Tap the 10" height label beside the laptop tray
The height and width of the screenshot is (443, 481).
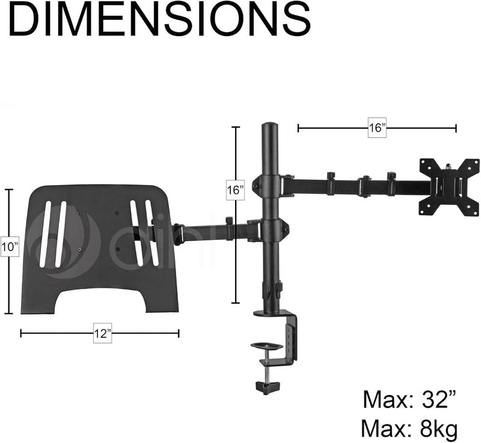pos(10,246)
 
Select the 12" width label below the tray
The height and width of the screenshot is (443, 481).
pos(102,333)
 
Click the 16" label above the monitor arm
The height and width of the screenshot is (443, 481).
pos(377,127)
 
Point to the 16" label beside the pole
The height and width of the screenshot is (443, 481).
pos(235,190)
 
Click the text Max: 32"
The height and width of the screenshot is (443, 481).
pos(409,399)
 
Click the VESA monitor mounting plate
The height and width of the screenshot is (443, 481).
pos(449,188)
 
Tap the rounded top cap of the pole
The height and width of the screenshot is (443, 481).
pos(270,126)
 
